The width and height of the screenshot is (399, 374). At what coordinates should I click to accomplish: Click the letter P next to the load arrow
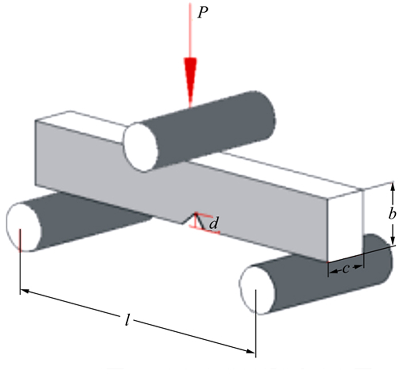pyautogui.click(x=203, y=13)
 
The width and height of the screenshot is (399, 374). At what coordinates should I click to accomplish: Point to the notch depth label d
pyautogui.click(x=213, y=223)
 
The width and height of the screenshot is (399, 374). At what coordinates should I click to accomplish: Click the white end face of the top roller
pyautogui.click(x=140, y=147)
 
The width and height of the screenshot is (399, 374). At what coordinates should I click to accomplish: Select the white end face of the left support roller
pyautogui.click(x=24, y=227)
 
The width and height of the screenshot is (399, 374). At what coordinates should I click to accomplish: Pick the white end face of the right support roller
pyautogui.click(x=257, y=290)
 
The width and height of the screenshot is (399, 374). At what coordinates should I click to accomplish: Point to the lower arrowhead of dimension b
pyautogui.click(x=393, y=241)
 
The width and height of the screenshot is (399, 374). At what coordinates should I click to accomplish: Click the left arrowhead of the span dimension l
pyautogui.click(x=25, y=291)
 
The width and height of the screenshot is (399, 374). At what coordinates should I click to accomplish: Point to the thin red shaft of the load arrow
pyautogui.click(x=190, y=30)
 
